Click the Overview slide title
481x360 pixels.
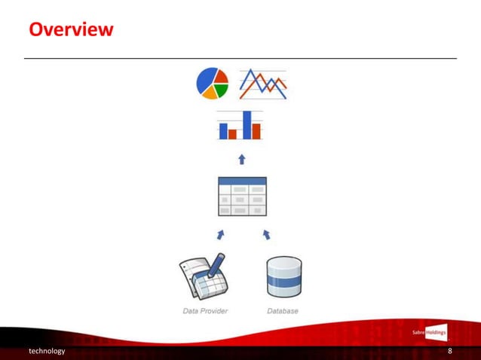[71, 30]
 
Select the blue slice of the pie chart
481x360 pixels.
[204, 81]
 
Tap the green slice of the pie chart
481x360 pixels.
[222, 90]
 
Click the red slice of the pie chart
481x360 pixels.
[220, 77]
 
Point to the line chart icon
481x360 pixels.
[263, 84]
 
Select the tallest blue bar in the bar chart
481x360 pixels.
[247, 125]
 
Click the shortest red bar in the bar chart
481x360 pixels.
[232, 134]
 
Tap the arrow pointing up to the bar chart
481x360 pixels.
[241, 159]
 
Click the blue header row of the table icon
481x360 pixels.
[241, 182]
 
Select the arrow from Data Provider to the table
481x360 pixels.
[221, 234]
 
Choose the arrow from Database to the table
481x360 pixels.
[266, 234]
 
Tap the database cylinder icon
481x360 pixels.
[284, 276]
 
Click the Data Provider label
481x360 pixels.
[205, 311]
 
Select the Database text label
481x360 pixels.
[283, 311]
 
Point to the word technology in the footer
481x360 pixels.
[47, 352]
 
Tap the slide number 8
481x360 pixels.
[449, 352]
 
